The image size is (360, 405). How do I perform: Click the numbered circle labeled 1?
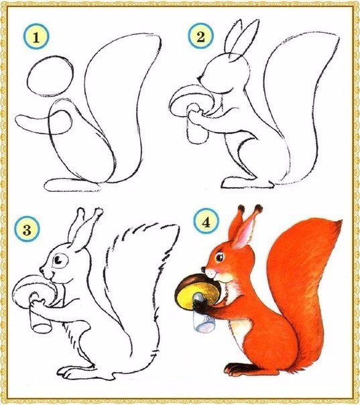coord(36,36)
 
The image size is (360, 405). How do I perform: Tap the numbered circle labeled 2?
coord(200,36)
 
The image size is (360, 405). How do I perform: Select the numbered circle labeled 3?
coord(27,229)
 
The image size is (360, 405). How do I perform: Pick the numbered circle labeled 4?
coord(206,221)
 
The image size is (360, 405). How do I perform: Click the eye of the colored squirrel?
coord(219,257)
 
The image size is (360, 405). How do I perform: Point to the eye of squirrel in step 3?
coord(60,260)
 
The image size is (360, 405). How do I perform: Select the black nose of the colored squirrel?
coord(203,270)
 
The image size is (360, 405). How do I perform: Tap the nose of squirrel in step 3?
coord(42,270)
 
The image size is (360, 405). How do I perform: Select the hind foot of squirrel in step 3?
coord(75,372)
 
